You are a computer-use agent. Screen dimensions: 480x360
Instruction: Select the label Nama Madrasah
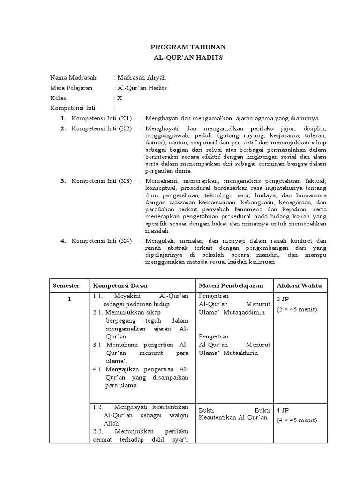coord(71,77)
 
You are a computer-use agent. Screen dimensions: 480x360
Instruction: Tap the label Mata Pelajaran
coord(71,88)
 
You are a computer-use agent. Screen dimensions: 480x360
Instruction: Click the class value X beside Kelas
coord(120,98)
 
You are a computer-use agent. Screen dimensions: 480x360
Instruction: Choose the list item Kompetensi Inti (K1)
coord(102,118)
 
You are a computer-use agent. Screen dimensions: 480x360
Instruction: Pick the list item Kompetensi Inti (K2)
coord(102,128)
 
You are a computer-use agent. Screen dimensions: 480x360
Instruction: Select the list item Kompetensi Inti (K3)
coord(102,180)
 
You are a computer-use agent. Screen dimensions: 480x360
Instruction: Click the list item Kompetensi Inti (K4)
coord(102,240)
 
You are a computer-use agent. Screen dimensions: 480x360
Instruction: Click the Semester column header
coord(66,285)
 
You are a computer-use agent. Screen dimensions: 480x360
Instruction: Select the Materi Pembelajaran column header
coord(231,285)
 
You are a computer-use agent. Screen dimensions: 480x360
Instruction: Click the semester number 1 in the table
coord(69,300)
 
